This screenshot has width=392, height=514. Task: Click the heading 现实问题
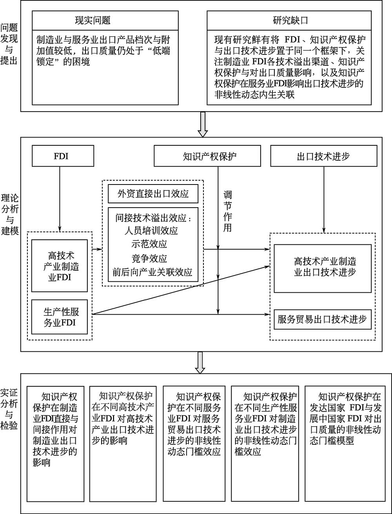click(x=93, y=21)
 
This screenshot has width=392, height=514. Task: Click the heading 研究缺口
click(x=290, y=21)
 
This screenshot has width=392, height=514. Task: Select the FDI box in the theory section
click(x=63, y=156)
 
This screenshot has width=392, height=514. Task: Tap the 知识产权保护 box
click(x=207, y=156)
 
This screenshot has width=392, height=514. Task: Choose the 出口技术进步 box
click(x=323, y=156)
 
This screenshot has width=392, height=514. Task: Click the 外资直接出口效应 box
click(x=153, y=194)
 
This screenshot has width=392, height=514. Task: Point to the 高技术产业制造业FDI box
click(x=60, y=266)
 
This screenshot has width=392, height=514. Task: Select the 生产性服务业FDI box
click(x=60, y=317)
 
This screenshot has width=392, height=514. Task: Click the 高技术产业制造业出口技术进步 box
click(x=323, y=269)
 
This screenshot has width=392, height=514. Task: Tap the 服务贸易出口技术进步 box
click(x=323, y=319)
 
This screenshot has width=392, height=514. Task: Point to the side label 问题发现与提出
click(x=9, y=44)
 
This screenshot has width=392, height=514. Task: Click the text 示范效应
click(x=149, y=244)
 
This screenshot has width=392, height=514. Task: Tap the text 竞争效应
click(x=149, y=259)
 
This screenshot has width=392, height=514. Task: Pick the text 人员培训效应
click(x=151, y=231)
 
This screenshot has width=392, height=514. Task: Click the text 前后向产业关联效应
click(x=152, y=272)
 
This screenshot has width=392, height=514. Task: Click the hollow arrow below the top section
click(x=202, y=124)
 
